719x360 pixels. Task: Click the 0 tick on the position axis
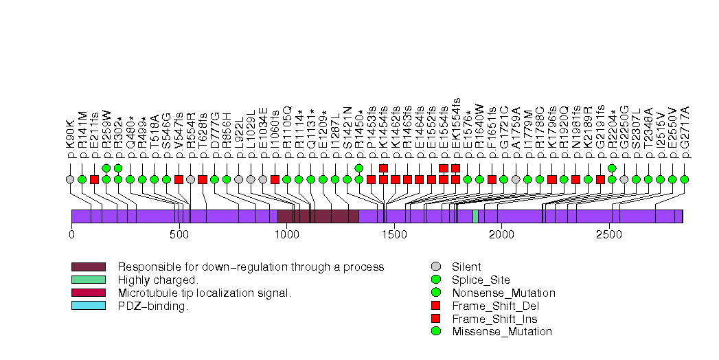(x=71, y=235)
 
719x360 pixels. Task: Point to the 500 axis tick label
(x=179, y=235)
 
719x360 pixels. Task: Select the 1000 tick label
(x=286, y=235)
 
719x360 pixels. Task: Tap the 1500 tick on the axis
(x=393, y=235)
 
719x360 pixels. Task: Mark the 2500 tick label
(x=608, y=235)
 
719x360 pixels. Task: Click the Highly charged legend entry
(x=158, y=280)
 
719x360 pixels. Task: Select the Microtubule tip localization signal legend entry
(x=205, y=293)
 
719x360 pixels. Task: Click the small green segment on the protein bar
(x=475, y=216)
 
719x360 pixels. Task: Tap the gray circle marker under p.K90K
(x=70, y=179)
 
